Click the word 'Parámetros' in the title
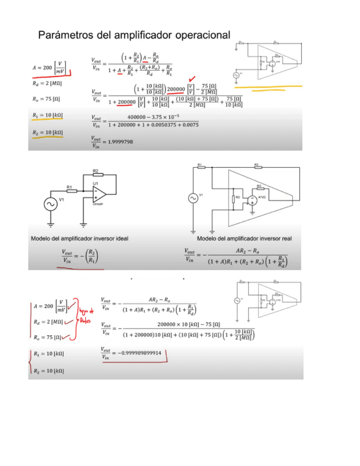click(x=65, y=35)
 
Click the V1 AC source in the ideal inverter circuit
click(x=51, y=203)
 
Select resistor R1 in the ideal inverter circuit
click(x=71, y=191)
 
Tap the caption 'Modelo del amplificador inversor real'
click(x=245, y=238)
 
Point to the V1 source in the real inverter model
click(x=193, y=198)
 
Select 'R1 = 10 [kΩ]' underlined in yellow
click(x=48, y=115)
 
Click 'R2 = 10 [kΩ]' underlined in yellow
click(x=48, y=133)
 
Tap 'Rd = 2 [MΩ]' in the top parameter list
click(x=47, y=84)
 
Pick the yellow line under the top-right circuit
click(x=268, y=87)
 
